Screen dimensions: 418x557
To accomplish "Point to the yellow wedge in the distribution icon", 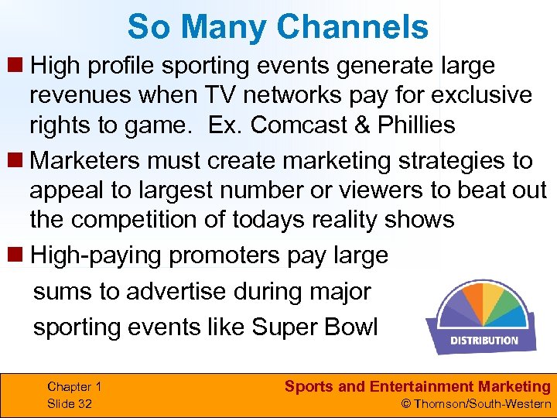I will click(493, 296).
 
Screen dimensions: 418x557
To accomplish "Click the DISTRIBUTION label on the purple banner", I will click(484, 341).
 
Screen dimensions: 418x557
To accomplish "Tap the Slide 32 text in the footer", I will click(70, 403).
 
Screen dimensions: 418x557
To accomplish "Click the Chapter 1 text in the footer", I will click(74, 386).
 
